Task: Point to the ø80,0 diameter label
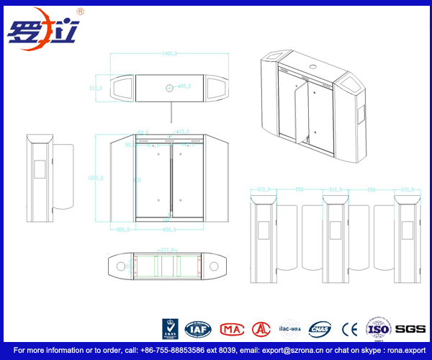(184, 86)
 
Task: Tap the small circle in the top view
(169, 88)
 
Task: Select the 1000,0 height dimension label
(96, 177)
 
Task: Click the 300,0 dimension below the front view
(122, 230)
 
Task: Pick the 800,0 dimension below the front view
(170, 230)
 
